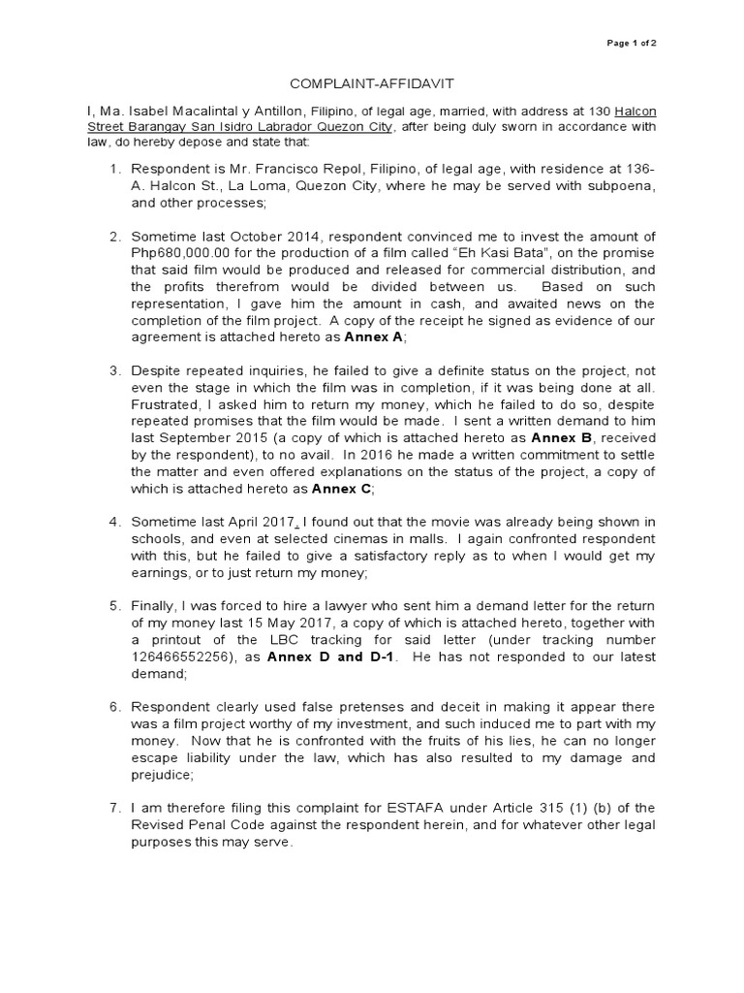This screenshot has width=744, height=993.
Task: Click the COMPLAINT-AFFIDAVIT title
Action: pos(371,84)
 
